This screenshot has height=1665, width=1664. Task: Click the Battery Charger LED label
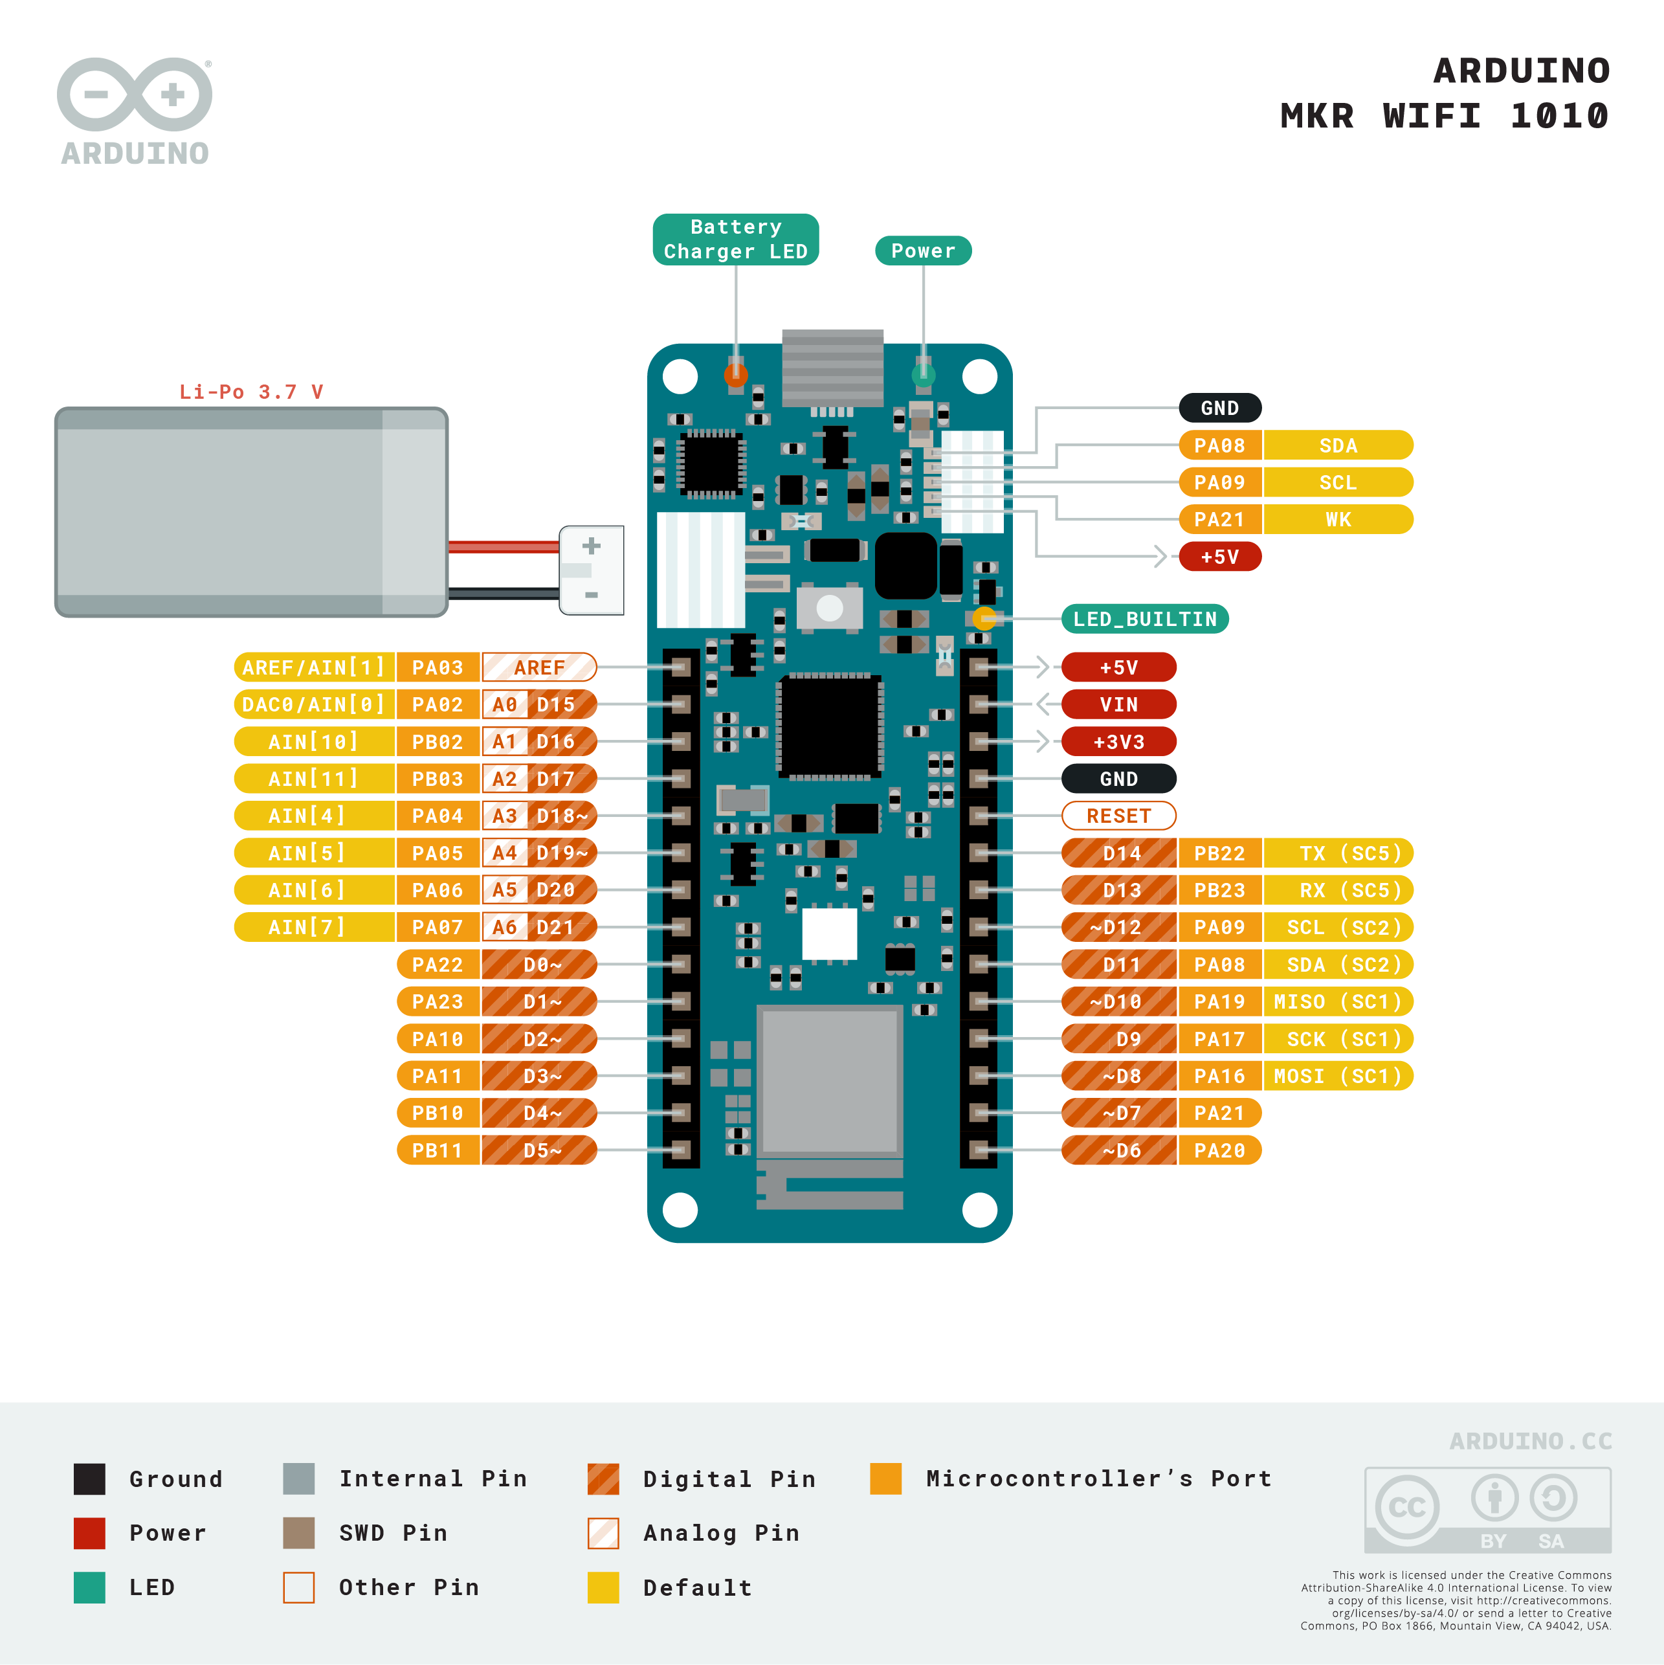(735, 240)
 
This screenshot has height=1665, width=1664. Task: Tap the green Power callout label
(923, 251)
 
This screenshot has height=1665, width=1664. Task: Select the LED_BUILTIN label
(1144, 619)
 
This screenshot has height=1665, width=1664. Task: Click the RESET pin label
(1118, 815)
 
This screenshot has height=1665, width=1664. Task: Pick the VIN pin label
(1118, 704)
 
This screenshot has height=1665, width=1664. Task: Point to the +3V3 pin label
(1118, 741)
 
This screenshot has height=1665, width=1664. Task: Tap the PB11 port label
(438, 1150)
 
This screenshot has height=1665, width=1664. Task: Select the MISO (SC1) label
(1337, 1001)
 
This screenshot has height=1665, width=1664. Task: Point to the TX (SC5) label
(1337, 853)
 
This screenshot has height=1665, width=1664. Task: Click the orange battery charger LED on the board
(735, 374)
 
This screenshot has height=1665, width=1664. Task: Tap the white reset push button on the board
(829, 609)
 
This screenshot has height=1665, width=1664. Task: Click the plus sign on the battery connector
(591, 546)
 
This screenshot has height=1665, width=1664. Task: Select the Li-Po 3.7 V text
(250, 392)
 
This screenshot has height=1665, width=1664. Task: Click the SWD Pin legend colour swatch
(298, 1532)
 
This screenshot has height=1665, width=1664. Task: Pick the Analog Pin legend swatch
(603, 1532)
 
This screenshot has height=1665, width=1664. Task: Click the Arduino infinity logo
(135, 95)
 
